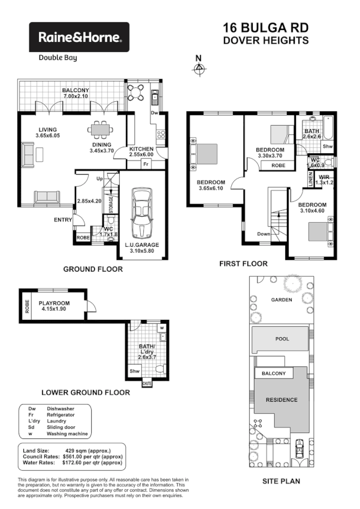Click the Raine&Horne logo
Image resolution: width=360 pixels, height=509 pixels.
pos(80,37)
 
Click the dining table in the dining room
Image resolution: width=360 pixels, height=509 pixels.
pos(98,128)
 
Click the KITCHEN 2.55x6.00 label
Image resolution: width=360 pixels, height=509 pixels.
pos(141,152)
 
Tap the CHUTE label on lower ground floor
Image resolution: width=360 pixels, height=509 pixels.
pos(147,383)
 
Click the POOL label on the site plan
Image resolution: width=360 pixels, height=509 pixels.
pos(282,339)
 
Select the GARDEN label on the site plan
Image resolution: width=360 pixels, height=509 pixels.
pos(282,299)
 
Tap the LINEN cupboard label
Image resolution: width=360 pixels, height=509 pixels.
pos(310,178)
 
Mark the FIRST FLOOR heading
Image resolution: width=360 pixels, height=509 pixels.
pos(243,263)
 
